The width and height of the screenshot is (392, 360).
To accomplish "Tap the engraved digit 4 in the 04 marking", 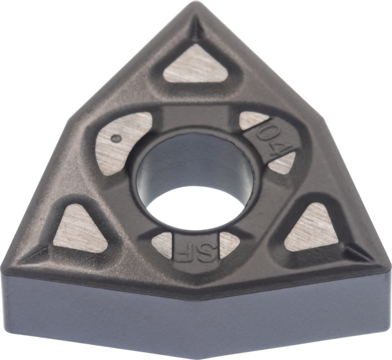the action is (x=275, y=150).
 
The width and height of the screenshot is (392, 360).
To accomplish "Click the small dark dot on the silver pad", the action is (x=116, y=138).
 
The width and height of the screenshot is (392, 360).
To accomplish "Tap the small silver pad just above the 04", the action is (x=252, y=120).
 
